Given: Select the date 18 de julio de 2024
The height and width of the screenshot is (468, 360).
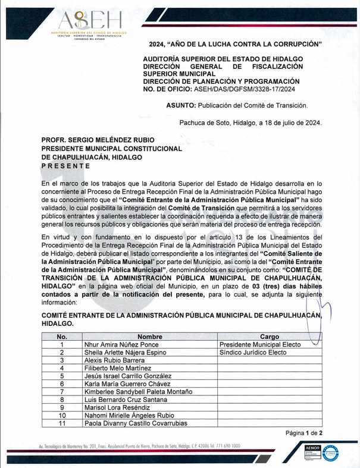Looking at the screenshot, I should tap(290, 123).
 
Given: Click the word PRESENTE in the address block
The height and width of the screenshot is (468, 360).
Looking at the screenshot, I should tap(65, 166).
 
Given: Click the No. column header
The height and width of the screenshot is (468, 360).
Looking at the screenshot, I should tap(62, 337).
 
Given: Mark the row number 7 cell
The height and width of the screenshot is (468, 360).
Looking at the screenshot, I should tap(62, 392).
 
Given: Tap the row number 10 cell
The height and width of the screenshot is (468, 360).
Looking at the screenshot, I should tap(62, 416).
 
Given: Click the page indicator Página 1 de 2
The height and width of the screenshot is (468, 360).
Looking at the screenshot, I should tap(303, 433).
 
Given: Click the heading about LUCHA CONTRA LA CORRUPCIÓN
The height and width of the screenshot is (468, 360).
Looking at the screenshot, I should tap(236, 45).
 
